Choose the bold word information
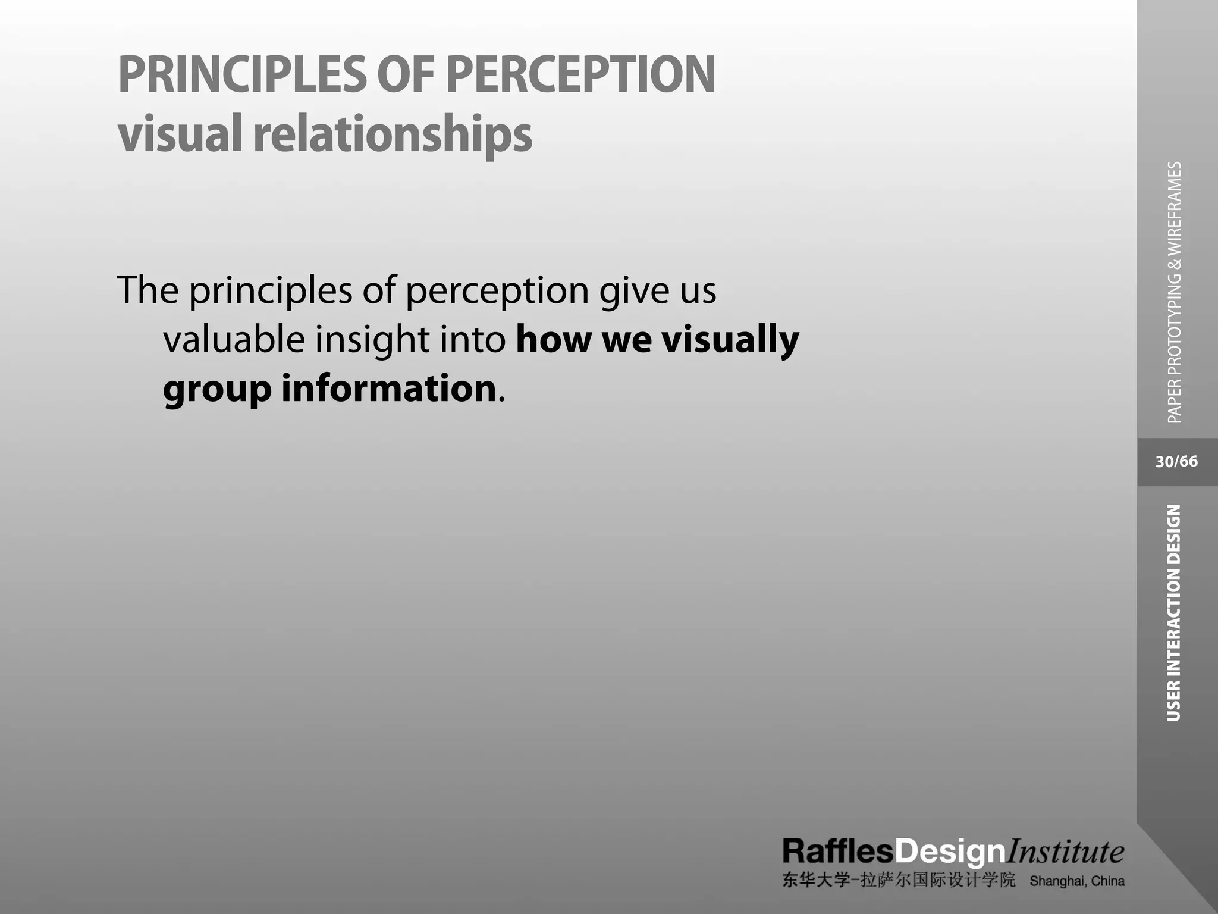pos(389,388)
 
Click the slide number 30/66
pos(1176,462)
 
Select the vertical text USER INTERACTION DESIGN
pos(1173,613)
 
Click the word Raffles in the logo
pos(838,852)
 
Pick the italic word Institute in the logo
pos(1065,852)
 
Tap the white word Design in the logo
pos(950,853)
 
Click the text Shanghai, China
pos(1077,881)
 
